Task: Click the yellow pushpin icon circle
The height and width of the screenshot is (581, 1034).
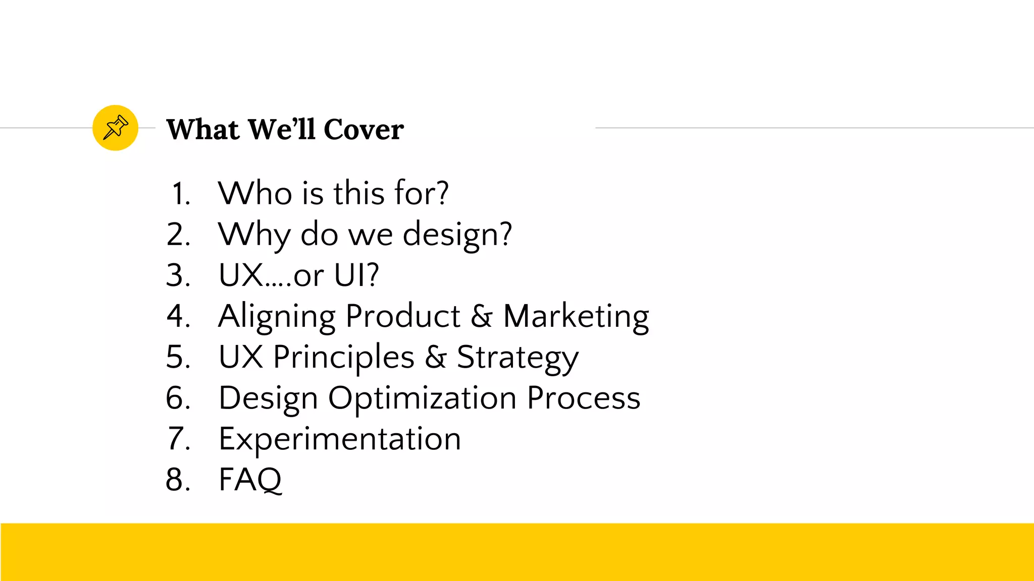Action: [115, 128]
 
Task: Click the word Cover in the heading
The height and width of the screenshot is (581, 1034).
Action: [364, 130]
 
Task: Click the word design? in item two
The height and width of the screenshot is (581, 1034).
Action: [457, 235]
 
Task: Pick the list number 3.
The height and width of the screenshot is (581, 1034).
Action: [178, 275]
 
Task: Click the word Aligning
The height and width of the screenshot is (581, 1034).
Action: [277, 317]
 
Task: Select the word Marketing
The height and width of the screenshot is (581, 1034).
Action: [576, 317]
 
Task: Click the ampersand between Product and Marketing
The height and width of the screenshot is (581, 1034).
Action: [482, 317]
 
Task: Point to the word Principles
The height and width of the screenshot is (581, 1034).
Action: [344, 358]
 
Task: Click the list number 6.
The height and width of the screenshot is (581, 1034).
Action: [178, 398]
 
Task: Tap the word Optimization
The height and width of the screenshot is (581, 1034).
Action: [423, 398]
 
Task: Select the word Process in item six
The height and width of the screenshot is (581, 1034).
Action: [584, 398]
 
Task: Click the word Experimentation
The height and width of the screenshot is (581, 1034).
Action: [340, 439]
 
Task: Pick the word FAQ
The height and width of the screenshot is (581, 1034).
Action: [250, 480]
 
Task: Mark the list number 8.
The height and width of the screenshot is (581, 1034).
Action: [178, 480]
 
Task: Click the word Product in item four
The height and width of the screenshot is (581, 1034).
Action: [403, 317]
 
